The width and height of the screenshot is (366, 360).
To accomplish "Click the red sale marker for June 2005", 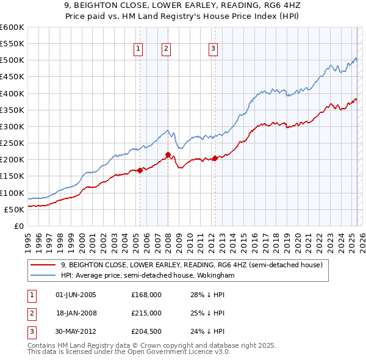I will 140,170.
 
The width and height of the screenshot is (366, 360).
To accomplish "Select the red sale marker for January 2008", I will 168,155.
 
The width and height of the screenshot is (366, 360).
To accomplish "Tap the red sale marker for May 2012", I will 215,159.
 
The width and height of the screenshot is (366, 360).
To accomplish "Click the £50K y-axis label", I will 14,209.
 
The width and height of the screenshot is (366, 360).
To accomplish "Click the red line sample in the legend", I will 43,265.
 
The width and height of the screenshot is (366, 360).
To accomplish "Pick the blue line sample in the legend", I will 43,276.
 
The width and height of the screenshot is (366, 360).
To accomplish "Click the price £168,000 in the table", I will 146,295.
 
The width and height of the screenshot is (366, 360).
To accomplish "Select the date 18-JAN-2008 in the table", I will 76,313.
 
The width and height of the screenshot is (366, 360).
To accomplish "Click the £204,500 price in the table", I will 146,331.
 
